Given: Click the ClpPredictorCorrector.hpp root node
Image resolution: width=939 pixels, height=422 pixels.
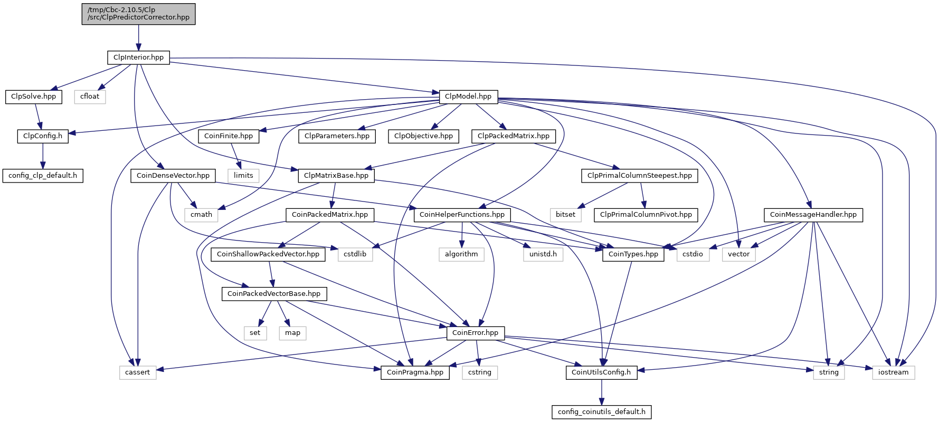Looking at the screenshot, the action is [x=138, y=14].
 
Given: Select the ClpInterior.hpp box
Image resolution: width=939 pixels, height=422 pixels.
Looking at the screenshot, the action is [x=138, y=57].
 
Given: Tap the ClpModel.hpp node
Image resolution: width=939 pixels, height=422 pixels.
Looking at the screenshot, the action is [x=468, y=97].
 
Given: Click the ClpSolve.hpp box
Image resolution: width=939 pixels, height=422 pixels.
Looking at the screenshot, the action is [x=33, y=97].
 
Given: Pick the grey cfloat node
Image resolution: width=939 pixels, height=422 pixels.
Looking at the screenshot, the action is [x=90, y=97].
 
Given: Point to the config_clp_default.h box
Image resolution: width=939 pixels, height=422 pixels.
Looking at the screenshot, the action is [x=43, y=176].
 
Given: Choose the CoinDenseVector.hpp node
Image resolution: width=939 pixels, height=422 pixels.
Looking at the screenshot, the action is [x=173, y=176].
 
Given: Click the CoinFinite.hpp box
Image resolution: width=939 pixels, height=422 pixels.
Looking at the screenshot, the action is [x=229, y=136].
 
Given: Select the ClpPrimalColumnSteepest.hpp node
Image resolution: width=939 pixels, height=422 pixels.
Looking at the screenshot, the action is [x=640, y=176].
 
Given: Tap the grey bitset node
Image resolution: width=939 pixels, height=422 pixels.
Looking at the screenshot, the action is [x=565, y=215].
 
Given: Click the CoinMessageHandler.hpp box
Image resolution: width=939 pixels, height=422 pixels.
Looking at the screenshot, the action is [x=813, y=215].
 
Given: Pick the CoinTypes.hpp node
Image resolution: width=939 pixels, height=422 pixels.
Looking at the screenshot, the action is [x=633, y=254].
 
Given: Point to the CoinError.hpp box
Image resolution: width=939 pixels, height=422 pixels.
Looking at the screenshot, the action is [x=475, y=333].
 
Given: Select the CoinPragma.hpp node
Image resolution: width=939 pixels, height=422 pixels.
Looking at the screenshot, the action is [x=415, y=372].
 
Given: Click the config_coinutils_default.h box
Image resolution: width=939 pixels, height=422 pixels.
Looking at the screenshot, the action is [x=601, y=412].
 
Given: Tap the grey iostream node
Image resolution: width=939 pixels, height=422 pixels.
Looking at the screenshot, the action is [x=893, y=372].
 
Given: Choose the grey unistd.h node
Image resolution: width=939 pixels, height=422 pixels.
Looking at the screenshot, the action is [x=543, y=254].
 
